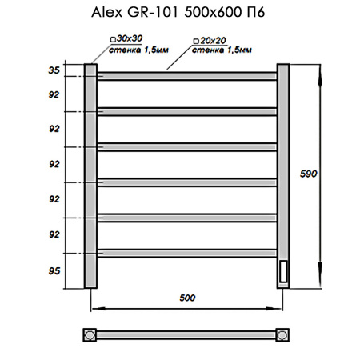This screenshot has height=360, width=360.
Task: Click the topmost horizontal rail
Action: [x=187, y=76]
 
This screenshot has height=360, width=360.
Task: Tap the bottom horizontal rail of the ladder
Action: [x=187, y=254]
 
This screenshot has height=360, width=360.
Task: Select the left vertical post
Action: [x=90, y=176]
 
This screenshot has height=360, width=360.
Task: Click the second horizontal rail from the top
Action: [x=187, y=111]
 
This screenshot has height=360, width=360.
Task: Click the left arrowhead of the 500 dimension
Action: [x=93, y=307]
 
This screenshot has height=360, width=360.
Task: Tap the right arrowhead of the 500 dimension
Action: [x=281, y=307]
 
